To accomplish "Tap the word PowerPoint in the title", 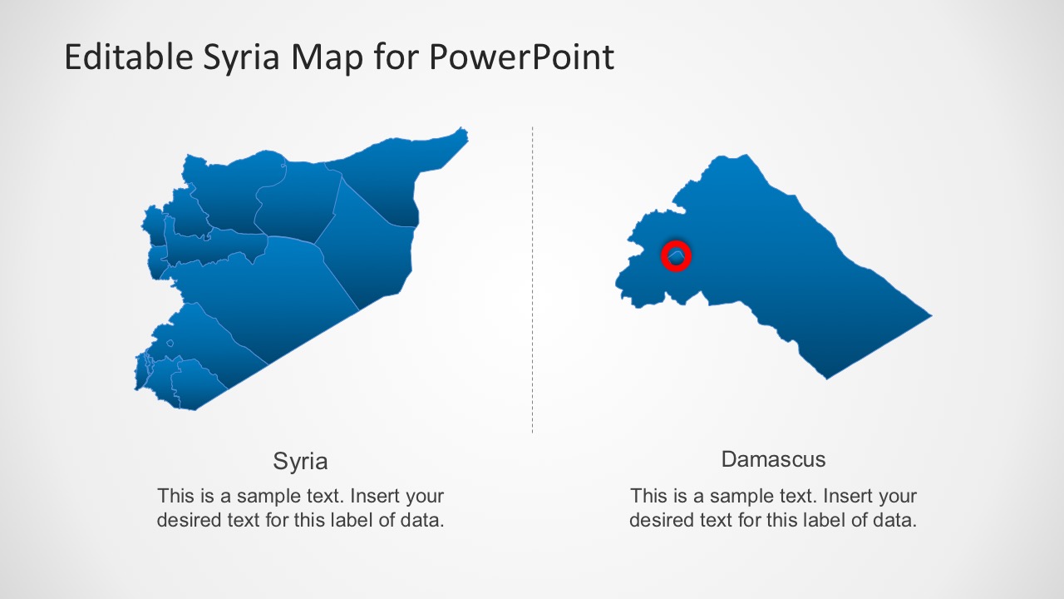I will [522, 57].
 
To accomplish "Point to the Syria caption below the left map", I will [300, 461].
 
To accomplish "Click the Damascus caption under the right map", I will [773, 458].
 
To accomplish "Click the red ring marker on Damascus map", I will [676, 257].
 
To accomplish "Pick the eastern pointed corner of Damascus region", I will [929, 316].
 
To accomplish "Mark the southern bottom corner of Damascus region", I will [826, 378].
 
